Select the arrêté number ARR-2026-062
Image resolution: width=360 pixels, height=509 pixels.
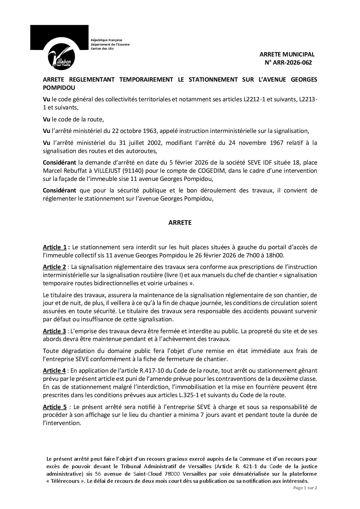(x=291, y=63)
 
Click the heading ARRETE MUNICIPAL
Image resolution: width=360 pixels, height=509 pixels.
(x=287, y=54)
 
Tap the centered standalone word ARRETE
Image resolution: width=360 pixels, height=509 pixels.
(x=180, y=223)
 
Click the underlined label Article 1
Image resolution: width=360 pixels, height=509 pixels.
(x=55, y=247)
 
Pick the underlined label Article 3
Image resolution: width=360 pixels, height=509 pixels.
(x=55, y=331)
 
